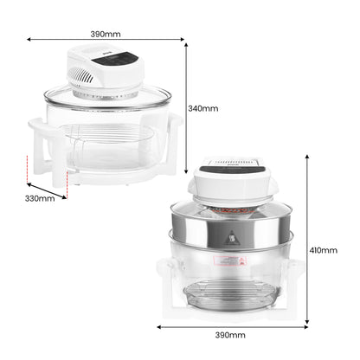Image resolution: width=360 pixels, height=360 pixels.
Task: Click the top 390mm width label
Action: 106,34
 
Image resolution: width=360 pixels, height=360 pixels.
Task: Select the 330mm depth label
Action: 40,198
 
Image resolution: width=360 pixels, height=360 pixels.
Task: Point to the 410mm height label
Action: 324,249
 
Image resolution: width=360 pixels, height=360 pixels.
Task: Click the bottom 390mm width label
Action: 229,334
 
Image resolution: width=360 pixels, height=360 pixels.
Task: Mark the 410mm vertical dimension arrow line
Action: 308,242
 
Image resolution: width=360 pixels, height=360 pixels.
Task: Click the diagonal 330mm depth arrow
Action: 43,186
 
